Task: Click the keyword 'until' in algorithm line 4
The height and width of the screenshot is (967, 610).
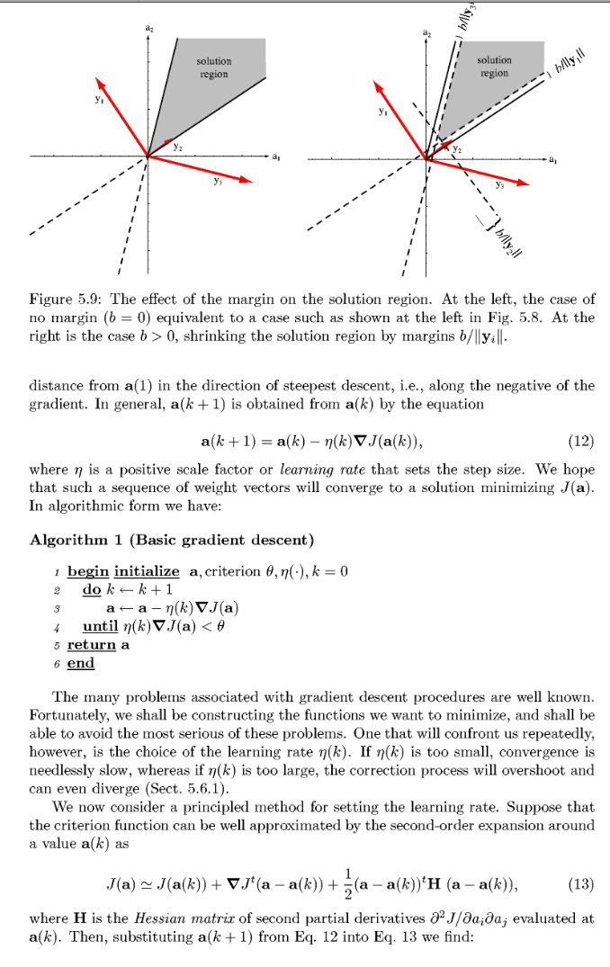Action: click(x=101, y=626)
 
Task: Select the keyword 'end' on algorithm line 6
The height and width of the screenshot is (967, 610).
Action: click(x=80, y=663)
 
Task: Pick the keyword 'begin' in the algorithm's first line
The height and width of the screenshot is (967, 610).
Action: click(x=88, y=571)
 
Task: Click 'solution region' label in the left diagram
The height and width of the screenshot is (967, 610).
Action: click(x=213, y=67)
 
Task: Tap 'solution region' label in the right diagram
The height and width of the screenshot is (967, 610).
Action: click(x=494, y=66)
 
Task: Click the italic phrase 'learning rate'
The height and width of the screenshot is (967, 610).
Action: click(x=313, y=470)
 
